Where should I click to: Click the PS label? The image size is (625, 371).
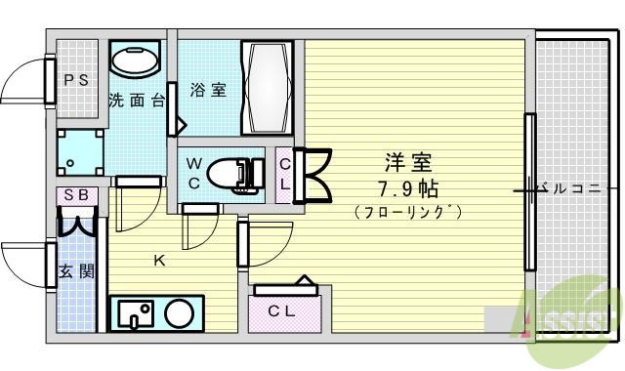[76, 81]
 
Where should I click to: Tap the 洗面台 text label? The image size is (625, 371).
[136, 100]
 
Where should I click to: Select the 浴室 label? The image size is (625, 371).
[207, 91]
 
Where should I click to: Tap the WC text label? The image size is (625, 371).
[194, 173]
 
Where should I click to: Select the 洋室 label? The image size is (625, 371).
[408, 162]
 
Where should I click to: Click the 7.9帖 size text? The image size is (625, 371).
[408, 186]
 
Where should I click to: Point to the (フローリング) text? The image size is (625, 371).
[408, 211]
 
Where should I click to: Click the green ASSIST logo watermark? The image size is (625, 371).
[566, 310]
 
